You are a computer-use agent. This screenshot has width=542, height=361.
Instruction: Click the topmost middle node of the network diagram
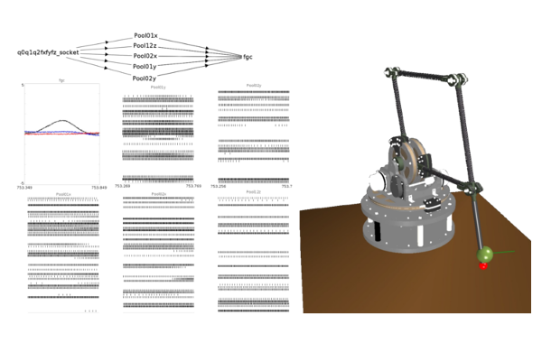(145, 35)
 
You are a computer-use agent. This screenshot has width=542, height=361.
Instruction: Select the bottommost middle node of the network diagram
(145, 77)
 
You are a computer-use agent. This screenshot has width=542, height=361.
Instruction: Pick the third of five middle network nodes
(145, 56)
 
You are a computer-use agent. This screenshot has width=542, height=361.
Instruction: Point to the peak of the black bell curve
(61, 120)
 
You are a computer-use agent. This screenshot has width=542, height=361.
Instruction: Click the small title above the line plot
(61, 82)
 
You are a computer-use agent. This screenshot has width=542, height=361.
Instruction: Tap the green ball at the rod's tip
(484, 255)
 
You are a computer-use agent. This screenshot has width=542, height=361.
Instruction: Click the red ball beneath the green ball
(485, 265)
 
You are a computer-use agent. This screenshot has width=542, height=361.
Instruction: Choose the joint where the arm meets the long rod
(471, 187)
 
